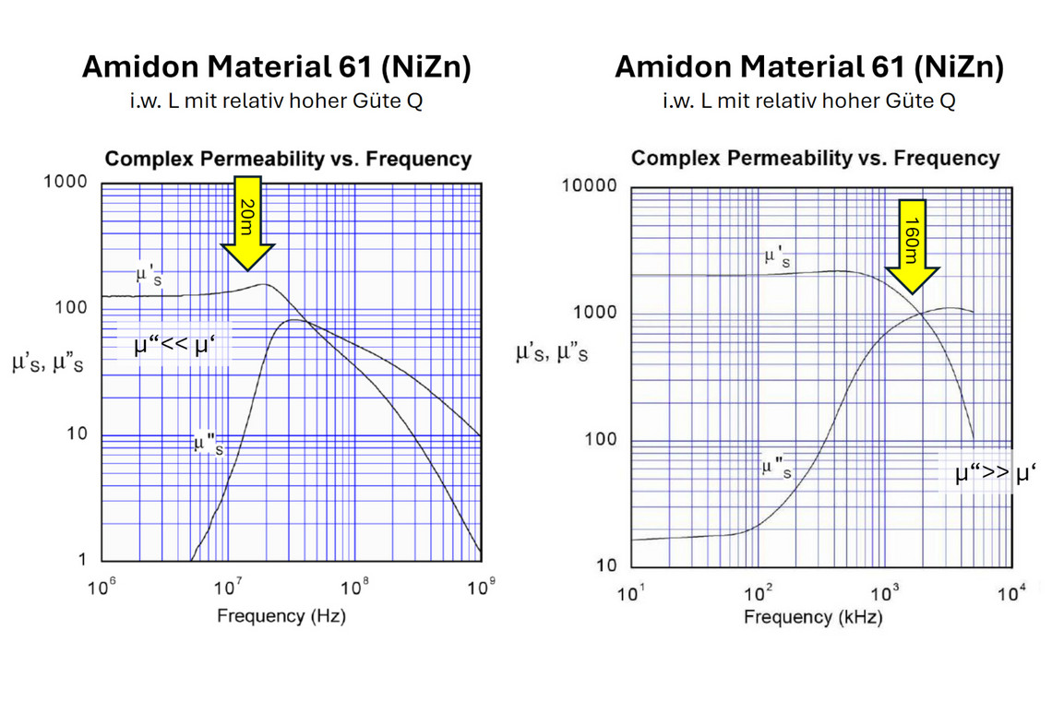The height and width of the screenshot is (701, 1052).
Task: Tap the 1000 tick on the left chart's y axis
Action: (x=66, y=182)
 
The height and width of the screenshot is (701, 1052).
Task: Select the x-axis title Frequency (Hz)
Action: (x=281, y=615)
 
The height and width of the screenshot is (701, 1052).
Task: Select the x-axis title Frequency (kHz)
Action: (x=813, y=617)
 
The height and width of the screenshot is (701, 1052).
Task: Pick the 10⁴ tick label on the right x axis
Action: (x=1011, y=591)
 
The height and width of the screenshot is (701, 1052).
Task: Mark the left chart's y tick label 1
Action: (x=82, y=560)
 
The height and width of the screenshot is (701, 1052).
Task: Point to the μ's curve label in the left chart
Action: (x=150, y=275)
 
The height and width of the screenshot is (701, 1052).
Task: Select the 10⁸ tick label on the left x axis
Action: (x=353, y=588)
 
